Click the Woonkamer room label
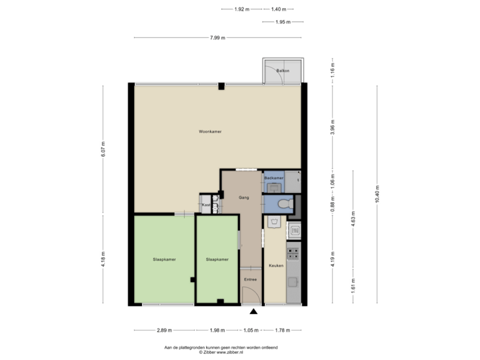210,131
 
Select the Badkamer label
273,179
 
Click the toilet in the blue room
283,203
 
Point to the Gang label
243,198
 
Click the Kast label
206,205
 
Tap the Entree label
250,279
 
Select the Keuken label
276,266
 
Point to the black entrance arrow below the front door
253,311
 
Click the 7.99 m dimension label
217,38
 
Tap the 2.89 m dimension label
164,329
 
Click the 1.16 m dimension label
333,69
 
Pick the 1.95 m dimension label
283,22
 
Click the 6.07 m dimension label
102,148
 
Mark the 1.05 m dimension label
250,329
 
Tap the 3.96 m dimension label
333,127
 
